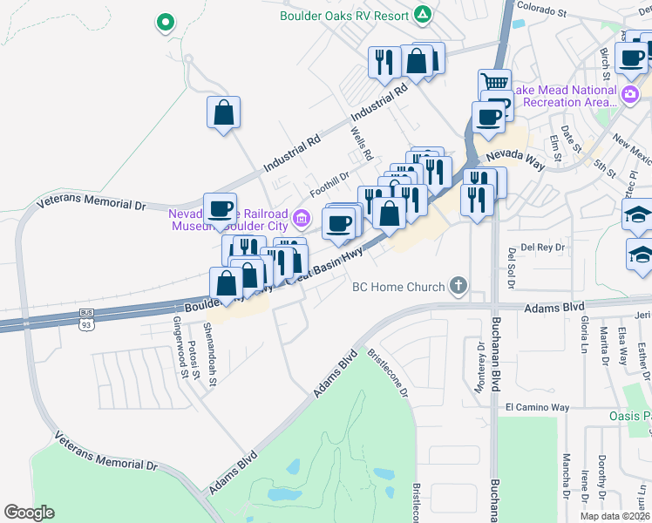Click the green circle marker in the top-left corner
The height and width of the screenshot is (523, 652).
(x=163, y=23)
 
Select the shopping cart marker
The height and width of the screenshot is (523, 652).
(x=494, y=82)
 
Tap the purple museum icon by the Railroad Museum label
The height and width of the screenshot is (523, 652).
(x=302, y=217)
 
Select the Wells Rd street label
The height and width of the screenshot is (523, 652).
(x=362, y=145)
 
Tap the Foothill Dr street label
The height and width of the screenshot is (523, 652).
(x=329, y=183)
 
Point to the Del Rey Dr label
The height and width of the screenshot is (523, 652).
(x=544, y=246)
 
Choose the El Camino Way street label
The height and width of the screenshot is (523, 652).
(x=537, y=407)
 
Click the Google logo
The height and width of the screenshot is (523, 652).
(x=29, y=513)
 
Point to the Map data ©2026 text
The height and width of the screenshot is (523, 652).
(x=614, y=516)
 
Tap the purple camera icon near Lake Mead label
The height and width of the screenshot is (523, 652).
(x=630, y=93)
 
